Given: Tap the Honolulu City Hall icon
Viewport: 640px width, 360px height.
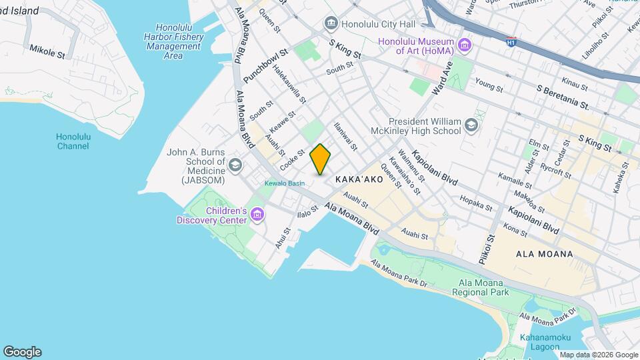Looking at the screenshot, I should pyautogui.click(x=331, y=24).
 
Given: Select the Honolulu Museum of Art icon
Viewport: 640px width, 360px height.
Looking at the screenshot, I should pyautogui.click(x=465, y=46).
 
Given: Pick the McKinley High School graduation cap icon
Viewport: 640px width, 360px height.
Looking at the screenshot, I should pyautogui.click(x=471, y=125).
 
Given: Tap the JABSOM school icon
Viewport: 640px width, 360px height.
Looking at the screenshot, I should pyautogui.click(x=235, y=164).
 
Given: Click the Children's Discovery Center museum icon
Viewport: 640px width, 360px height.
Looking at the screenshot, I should pyautogui.click(x=257, y=215).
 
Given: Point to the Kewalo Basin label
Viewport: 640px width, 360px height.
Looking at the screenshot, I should pyautogui.click(x=285, y=183).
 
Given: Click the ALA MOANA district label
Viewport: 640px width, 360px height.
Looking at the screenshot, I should pyautogui.click(x=544, y=254).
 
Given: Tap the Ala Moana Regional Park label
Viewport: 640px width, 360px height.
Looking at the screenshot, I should pyautogui.click(x=479, y=287).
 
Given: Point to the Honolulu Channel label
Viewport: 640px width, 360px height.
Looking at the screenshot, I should pyautogui.click(x=73, y=141).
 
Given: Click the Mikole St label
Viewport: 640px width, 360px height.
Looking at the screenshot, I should pyautogui.click(x=47, y=51).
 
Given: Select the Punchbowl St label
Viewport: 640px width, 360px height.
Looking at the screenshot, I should pyautogui.click(x=265, y=65).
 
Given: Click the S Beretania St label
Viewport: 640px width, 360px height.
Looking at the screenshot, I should pyautogui.click(x=563, y=97).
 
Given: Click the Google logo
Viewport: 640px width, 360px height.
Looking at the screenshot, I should pyautogui.click(x=22, y=351).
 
